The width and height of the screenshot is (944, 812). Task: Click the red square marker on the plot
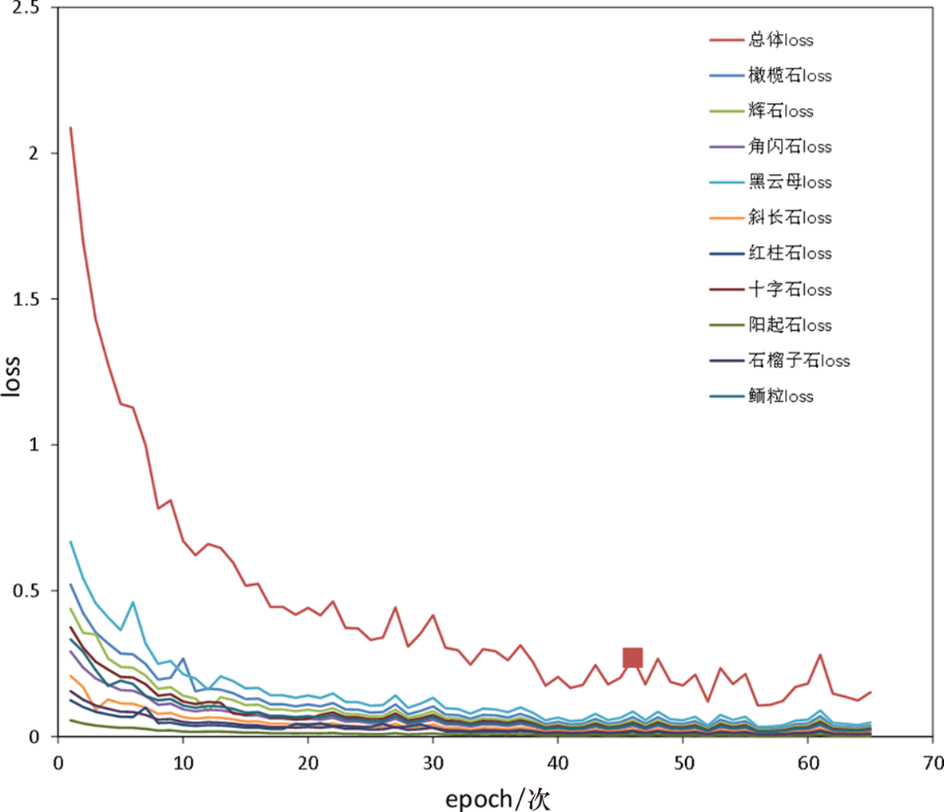point(632,658)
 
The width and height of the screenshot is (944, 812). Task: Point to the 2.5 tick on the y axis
point(30,7)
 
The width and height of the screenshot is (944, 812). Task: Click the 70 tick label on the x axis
point(933,762)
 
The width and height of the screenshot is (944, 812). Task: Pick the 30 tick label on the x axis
point(433,762)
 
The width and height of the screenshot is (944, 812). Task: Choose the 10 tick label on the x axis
point(183,762)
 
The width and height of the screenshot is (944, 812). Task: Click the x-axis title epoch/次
point(497,798)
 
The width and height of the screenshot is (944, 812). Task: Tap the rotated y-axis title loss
point(11,374)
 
